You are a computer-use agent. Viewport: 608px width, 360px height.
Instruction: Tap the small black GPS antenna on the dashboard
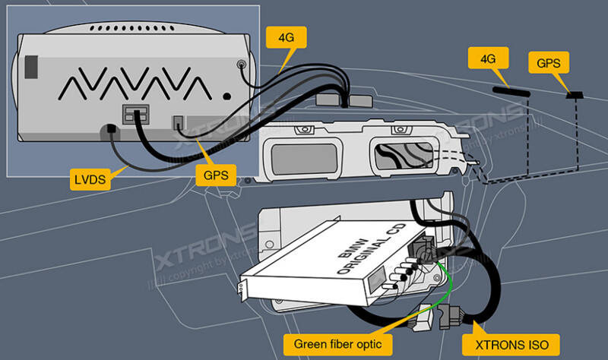click(575, 96)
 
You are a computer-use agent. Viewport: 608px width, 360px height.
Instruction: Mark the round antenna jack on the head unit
click(241, 65)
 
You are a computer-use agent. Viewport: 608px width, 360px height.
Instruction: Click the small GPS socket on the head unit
click(179, 122)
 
